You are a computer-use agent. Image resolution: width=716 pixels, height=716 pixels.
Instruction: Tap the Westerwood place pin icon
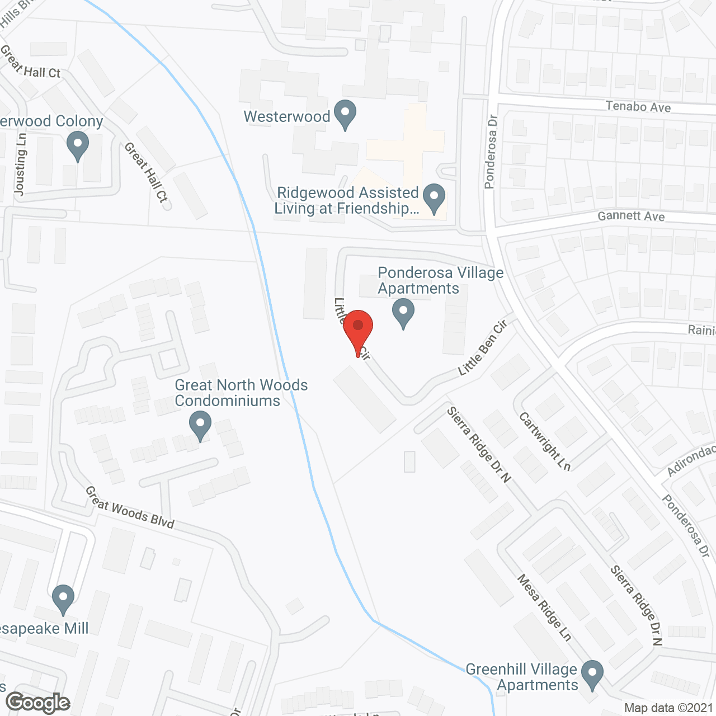(345, 114)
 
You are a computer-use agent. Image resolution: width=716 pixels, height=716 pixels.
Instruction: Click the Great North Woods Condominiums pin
(200, 425)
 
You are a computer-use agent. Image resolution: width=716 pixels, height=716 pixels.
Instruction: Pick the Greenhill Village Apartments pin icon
(592, 674)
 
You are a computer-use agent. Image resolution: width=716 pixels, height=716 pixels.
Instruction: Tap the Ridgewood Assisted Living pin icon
(434, 198)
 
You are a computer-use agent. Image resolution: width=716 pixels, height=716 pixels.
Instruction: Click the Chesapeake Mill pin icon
(63, 598)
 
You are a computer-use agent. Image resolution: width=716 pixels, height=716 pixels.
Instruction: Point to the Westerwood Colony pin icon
(77, 145)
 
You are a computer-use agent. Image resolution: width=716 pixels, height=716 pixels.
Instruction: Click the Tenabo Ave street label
(638, 106)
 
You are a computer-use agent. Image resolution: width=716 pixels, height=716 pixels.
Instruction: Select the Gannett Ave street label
(631, 216)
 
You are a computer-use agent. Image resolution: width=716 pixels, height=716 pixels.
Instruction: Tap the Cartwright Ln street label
(544, 441)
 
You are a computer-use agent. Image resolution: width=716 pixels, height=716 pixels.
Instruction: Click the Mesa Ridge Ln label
(544, 607)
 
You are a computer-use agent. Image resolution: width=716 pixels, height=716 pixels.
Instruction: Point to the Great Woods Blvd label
(130, 507)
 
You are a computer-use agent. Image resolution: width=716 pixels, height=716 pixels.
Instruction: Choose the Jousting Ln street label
(20, 164)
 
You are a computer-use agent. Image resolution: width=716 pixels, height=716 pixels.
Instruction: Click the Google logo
(37, 702)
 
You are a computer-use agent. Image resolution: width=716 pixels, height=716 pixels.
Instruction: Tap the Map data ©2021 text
(668, 708)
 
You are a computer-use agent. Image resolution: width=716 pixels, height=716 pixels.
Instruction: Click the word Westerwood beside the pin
(287, 116)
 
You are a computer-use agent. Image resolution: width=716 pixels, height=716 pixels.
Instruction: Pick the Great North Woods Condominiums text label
(241, 393)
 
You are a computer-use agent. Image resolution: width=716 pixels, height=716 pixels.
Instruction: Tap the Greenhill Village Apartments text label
(521, 677)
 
